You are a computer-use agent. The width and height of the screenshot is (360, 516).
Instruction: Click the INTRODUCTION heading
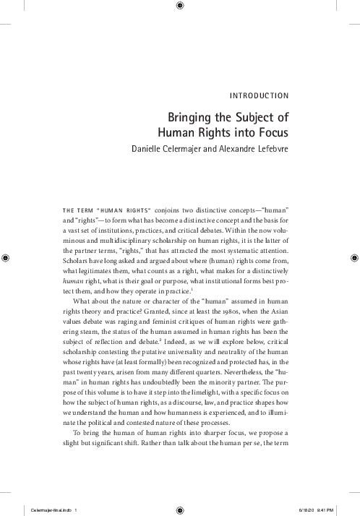coord(258,95)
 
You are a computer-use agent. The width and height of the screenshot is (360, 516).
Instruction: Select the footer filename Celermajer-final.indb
coord(45,508)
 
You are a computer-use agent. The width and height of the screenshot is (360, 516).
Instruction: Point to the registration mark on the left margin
coord(6,257)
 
